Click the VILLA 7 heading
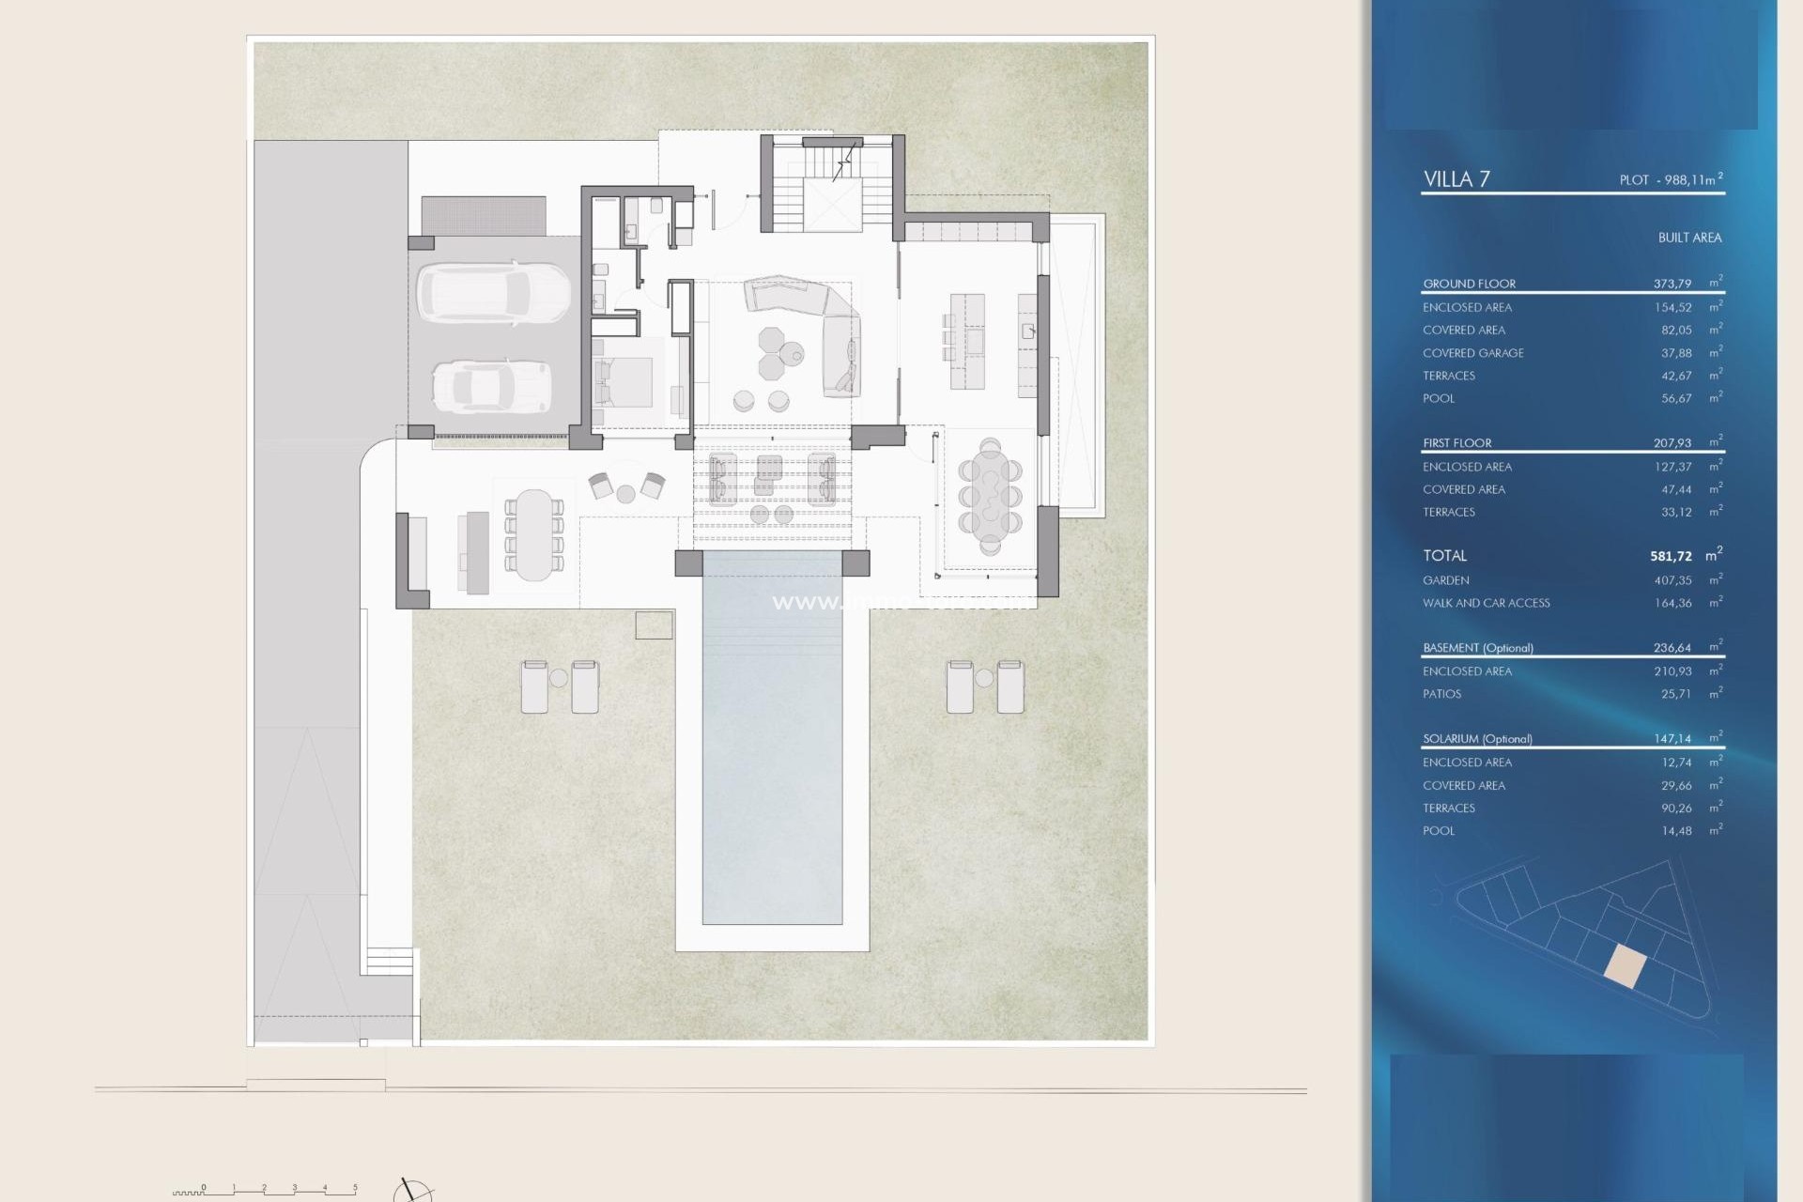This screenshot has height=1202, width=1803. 1456,178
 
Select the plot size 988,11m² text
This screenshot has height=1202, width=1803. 1671,179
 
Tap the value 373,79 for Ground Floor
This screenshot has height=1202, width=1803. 1672,283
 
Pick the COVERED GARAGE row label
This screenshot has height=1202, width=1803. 1472,353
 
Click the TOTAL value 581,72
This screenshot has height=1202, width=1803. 1671,556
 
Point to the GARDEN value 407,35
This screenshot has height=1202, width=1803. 1672,580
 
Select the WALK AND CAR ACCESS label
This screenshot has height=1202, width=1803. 1486,603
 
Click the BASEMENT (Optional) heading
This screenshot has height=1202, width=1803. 1477,648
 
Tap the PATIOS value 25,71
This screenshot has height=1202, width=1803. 1675,694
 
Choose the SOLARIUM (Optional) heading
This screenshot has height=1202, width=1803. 1477,739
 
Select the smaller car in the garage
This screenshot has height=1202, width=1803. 491,386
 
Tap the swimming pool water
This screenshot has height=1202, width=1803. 772,751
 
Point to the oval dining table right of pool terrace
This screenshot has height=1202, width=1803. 990,495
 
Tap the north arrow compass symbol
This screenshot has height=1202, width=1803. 411,1191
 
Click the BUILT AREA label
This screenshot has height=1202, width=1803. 1688,238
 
